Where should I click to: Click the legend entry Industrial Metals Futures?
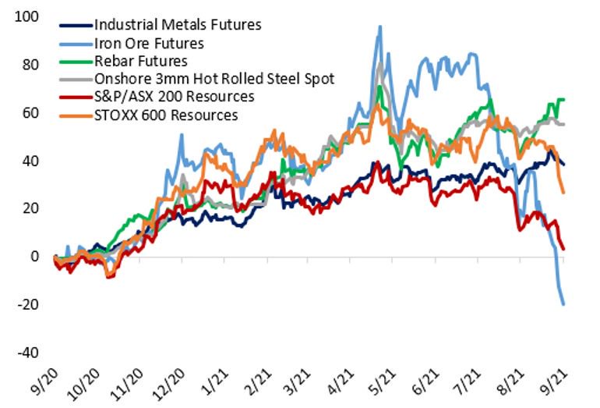pos(177,24)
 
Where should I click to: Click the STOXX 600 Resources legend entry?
pos(164,115)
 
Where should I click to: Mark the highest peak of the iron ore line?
pos(379,27)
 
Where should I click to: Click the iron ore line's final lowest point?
pos(563,304)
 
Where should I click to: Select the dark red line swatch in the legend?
pos(75,97)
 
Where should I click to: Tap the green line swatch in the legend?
pos(75,60)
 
